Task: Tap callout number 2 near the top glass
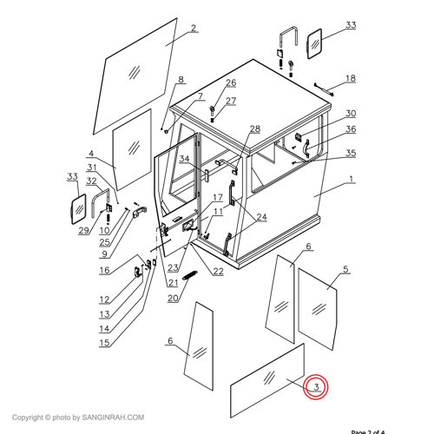coord(194,28)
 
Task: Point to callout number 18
coord(351,78)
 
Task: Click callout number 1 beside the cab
coord(351,180)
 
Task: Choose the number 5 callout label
coord(345,270)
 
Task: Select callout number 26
coord(231,83)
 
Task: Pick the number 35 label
coord(351,154)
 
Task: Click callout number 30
coord(351,114)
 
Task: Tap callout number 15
coord(104,343)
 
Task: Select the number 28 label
coord(254,129)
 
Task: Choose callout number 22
coord(218,272)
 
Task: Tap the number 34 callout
coord(185,160)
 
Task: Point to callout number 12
coord(104,300)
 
